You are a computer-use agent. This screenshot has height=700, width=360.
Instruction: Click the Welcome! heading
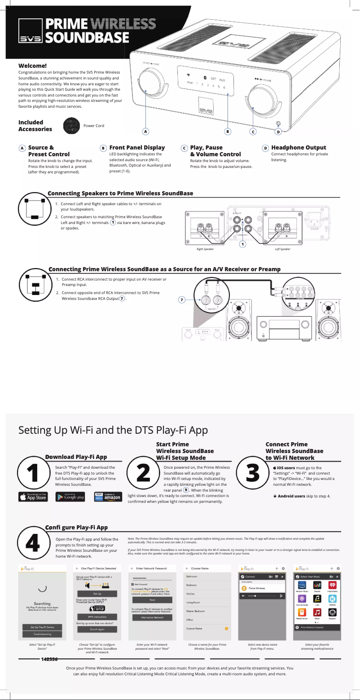pyautogui.click(x=32, y=66)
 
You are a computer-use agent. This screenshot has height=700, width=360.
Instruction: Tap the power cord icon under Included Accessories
pyautogui.click(x=72, y=126)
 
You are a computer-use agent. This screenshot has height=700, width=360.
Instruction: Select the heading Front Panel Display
pyautogui.click(x=137, y=147)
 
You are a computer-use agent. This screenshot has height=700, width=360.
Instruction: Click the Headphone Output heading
pyautogui.click(x=299, y=147)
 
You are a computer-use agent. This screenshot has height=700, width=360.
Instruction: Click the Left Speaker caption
pyautogui.click(x=282, y=249)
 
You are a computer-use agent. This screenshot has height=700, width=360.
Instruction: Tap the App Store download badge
pyautogui.click(x=33, y=497)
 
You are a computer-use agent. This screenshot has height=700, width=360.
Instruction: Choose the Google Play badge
pyautogui.click(x=70, y=497)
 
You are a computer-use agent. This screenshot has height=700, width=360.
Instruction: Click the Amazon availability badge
pyautogui.click(x=108, y=497)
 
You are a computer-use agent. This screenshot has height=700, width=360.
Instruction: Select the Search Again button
pyautogui.click(x=97, y=629)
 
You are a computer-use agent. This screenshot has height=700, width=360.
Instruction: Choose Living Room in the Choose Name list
pyautogui.click(x=193, y=602)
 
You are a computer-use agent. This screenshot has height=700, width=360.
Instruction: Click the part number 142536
pyautogui.click(x=49, y=659)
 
